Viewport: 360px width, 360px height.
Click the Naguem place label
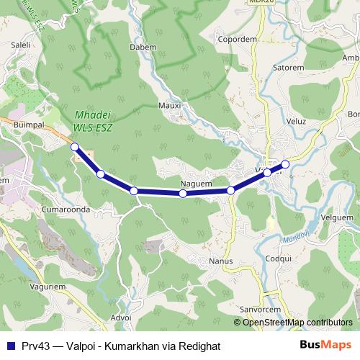(196, 184)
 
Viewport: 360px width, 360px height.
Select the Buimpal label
(30, 124)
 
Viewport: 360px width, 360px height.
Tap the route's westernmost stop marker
(74, 147)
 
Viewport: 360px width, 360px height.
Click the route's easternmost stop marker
(285, 165)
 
